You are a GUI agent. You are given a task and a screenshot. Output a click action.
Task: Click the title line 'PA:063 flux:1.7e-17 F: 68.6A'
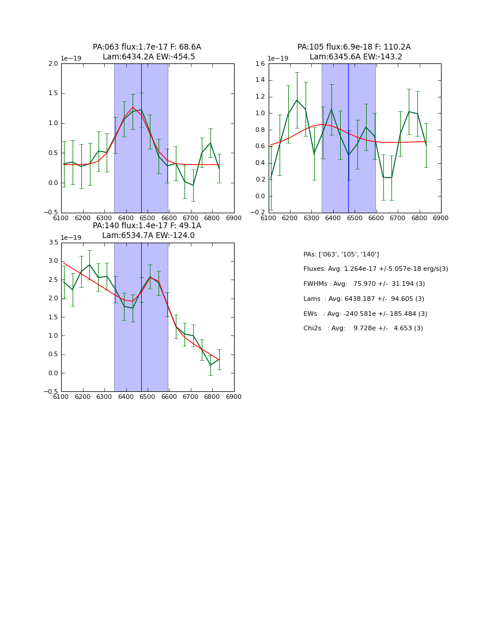(147, 47)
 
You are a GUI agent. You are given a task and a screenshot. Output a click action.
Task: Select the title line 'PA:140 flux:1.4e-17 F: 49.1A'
(147, 226)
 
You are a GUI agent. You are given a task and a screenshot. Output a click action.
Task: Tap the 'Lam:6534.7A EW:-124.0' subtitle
(148, 235)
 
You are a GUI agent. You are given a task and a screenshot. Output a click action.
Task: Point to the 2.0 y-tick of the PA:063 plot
(53, 63)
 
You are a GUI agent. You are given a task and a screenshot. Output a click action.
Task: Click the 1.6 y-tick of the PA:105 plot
(261, 63)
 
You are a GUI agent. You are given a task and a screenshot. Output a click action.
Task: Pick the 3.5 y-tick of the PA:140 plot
(53, 243)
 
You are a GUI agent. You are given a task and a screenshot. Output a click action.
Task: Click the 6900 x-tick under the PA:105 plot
(440, 218)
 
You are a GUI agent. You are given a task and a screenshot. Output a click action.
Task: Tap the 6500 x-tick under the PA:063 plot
(148, 218)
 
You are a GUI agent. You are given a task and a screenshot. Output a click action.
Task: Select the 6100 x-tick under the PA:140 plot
(61, 397)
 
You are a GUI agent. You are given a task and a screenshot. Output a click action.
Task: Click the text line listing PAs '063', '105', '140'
(341, 254)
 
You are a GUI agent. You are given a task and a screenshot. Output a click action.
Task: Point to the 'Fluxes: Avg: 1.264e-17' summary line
(375, 269)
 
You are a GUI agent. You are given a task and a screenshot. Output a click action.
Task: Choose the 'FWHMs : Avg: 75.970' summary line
(364, 284)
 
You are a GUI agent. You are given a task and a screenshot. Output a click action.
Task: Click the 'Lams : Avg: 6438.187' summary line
(363, 299)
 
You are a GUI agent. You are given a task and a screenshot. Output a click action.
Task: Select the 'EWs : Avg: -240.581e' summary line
(365, 314)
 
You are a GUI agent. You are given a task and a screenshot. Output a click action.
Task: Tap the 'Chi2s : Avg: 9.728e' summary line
(363, 328)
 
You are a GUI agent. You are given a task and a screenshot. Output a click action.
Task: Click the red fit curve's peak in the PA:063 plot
(133, 107)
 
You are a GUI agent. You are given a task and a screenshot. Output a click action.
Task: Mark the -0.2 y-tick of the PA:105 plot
(259, 213)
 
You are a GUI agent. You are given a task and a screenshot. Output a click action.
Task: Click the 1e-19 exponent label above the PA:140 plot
(71, 237)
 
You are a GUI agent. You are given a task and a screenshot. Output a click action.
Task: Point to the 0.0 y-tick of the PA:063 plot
(53, 183)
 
